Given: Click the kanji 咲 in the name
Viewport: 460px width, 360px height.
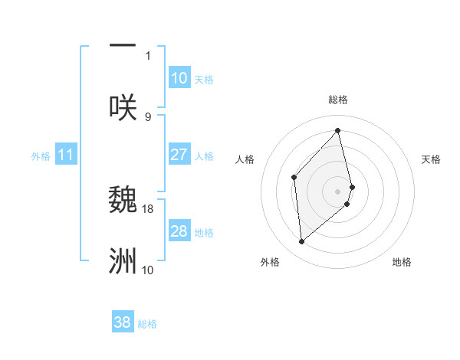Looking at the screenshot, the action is click(123, 106).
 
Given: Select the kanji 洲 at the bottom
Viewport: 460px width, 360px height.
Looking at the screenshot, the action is click(123, 260).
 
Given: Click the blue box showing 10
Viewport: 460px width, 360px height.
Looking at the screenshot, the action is click(179, 78).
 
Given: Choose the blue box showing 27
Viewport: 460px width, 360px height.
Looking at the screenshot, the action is click(179, 155).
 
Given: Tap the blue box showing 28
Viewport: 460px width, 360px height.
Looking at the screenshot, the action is click(179, 231).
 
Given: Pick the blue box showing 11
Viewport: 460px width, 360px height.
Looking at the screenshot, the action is click(65, 155).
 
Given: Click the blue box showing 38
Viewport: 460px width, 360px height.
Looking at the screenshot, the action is click(122, 322).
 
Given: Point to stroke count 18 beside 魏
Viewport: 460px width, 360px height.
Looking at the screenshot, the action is click(148, 208).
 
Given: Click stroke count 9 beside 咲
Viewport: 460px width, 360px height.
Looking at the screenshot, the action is click(148, 116).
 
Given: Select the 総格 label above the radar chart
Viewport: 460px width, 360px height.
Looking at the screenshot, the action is click(338, 100).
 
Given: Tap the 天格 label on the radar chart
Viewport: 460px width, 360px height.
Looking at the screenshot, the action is click(432, 159).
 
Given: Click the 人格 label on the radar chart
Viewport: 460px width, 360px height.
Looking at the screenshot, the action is click(245, 159).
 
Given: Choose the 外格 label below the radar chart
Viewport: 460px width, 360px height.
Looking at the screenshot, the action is click(269, 262).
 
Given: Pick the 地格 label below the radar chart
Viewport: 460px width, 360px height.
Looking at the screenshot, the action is click(402, 262).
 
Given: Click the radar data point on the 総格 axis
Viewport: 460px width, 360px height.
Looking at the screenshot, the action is click(338, 130).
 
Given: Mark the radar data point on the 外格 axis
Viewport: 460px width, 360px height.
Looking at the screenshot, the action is click(302, 241).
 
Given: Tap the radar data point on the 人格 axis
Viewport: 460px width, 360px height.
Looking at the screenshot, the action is click(294, 178).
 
